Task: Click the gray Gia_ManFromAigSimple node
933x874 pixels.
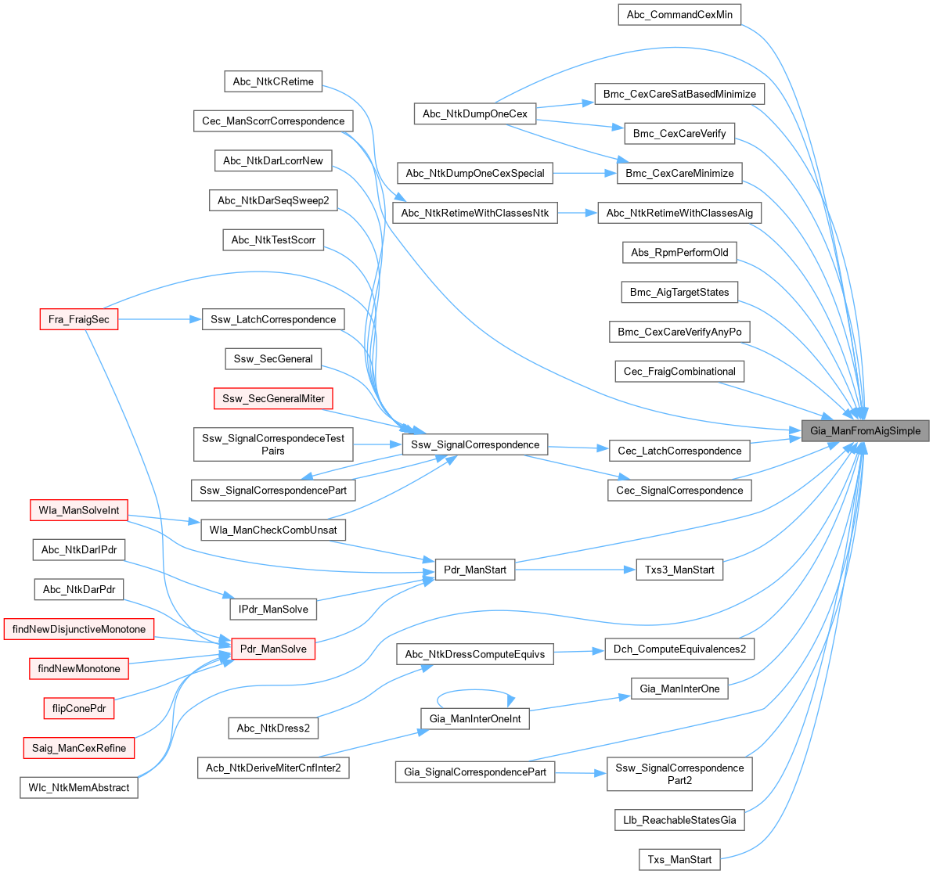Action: pyautogui.click(x=865, y=431)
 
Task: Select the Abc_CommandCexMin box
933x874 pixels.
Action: pyautogui.click(x=679, y=15)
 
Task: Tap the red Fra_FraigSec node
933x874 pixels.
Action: pyautogui.click(x=78, y=319)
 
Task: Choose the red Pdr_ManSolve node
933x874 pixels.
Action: pyautogui.click(x=273, y=649)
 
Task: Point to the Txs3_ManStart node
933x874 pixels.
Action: pyautogui.click(x=679, y=570)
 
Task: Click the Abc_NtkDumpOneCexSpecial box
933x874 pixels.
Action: pyautogui.click(x=475, y=173)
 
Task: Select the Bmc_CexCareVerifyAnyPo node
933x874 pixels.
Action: pyautogui.click(x=679, y=332)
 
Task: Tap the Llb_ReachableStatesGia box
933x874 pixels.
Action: pyautogui.click(x=679, y=820)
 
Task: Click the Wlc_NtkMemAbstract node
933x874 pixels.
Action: pyautogui.click(x=78, y=787)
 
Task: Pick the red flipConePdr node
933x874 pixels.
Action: pyautogui.click(x=78, y=708)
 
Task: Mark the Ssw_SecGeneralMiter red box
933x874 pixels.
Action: pyautogui.click(x=273, y=398)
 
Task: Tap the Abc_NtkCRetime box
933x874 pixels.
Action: pyautogui.click(x=273, y=81)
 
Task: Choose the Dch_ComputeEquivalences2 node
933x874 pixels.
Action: pyautogui.click(x=679, y=649)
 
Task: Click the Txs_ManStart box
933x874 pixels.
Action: pyautogui.click(x=679, y=859)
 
